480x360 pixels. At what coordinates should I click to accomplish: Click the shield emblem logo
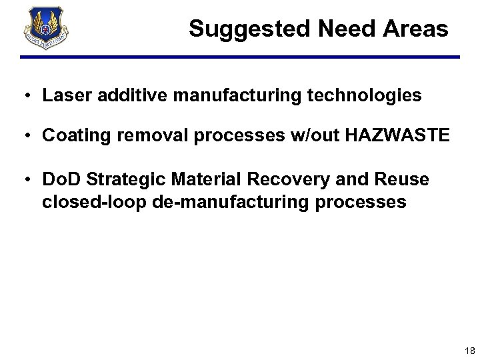click(46, 29)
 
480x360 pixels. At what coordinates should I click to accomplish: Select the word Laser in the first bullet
click(63, 96)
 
